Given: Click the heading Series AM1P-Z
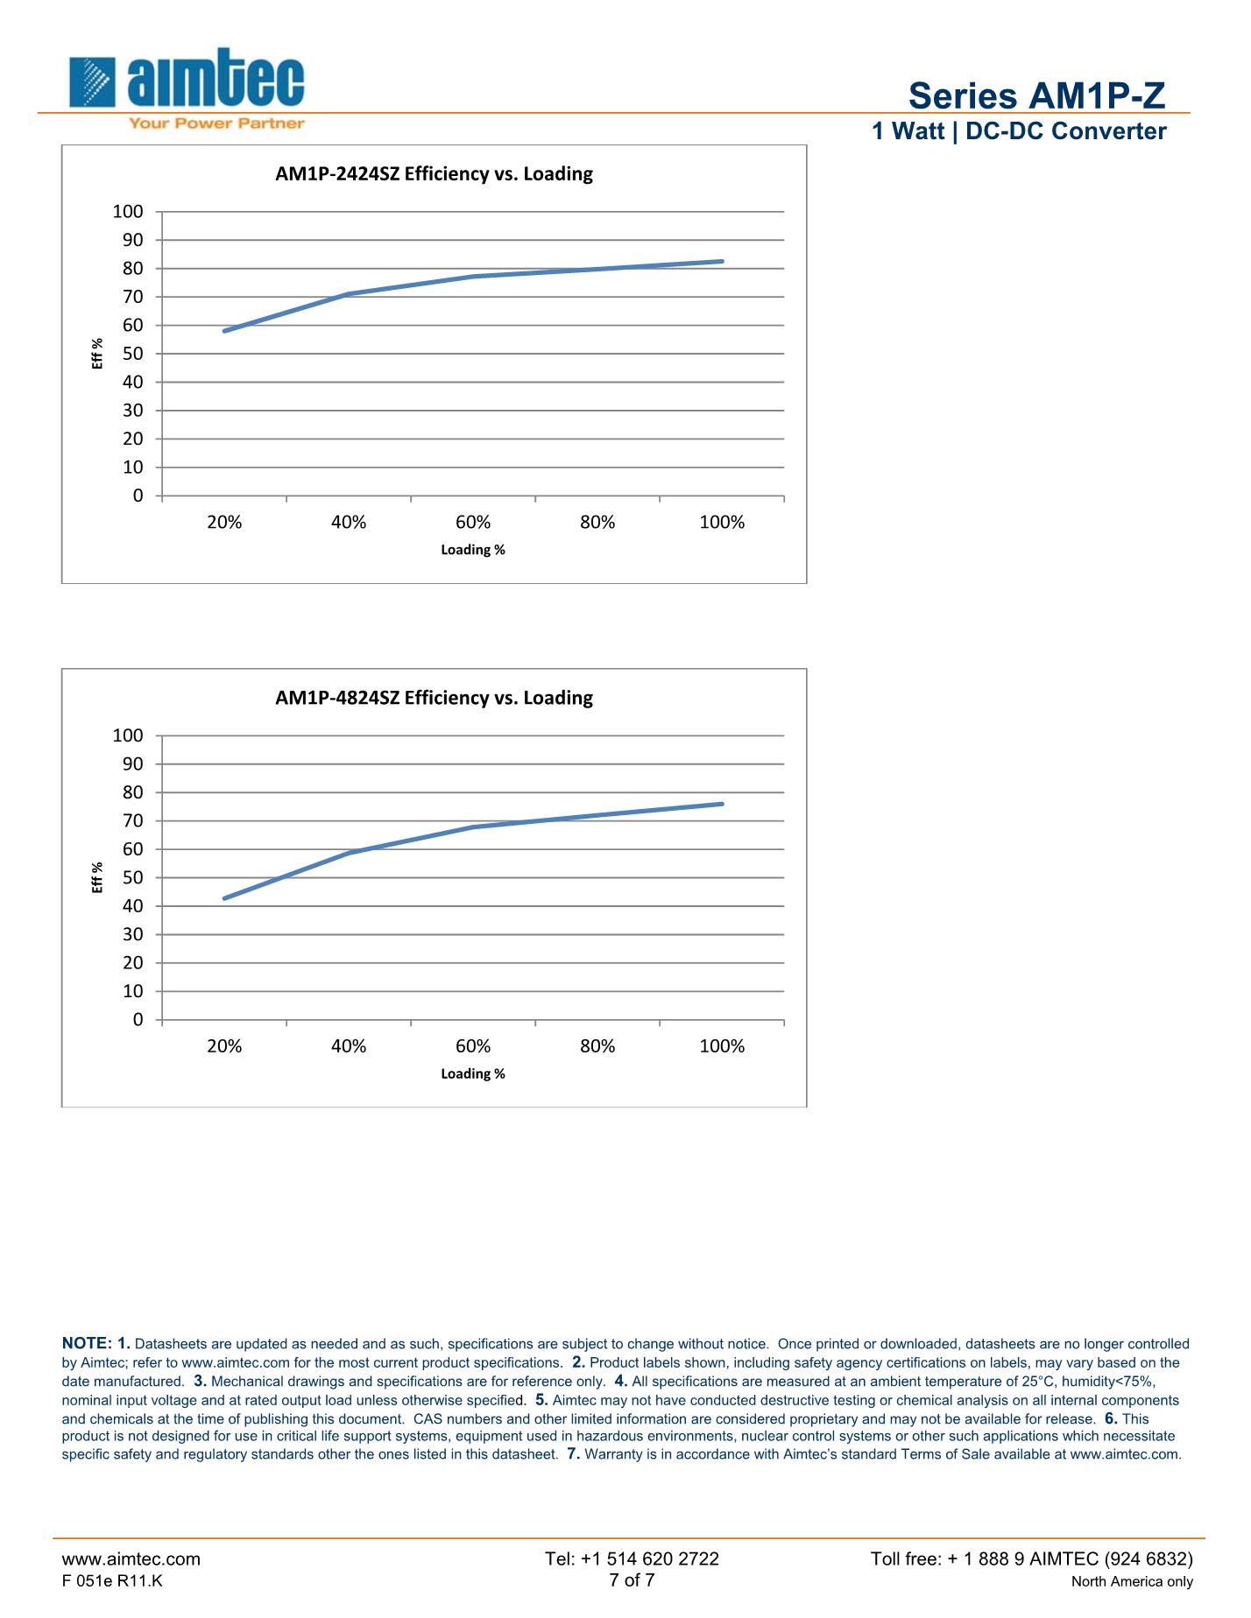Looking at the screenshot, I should pos(1036,95).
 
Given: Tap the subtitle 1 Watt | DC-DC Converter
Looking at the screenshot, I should pos(1019,131).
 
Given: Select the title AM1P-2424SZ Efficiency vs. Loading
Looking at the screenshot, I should pos(434,173).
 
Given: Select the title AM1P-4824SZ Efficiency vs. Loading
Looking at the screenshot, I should pos(434,698).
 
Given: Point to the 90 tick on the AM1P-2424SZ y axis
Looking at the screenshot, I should pos(131,240).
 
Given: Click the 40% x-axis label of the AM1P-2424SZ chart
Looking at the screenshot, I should pos(349,523).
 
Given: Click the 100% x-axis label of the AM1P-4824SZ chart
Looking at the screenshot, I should pos(722,1046).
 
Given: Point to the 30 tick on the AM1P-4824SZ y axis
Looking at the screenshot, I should pos(131,934).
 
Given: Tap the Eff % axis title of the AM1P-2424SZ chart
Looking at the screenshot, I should pos(97,354).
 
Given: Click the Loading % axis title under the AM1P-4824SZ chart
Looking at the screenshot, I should pos(473,1073).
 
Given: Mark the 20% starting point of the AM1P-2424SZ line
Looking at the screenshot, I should pos(225,331).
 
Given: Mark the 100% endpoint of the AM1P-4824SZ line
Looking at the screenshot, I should pos(722,804).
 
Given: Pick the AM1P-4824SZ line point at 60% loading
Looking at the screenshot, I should pos(473,827).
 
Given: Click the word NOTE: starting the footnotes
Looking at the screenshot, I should pos(87,1343).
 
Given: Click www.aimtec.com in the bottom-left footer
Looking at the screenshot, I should pos(131,1558).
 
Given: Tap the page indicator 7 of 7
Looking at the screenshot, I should pos(632,1579).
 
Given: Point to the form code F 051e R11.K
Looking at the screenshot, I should pos(112,1580).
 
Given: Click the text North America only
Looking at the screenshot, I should pos(1132,1581).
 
